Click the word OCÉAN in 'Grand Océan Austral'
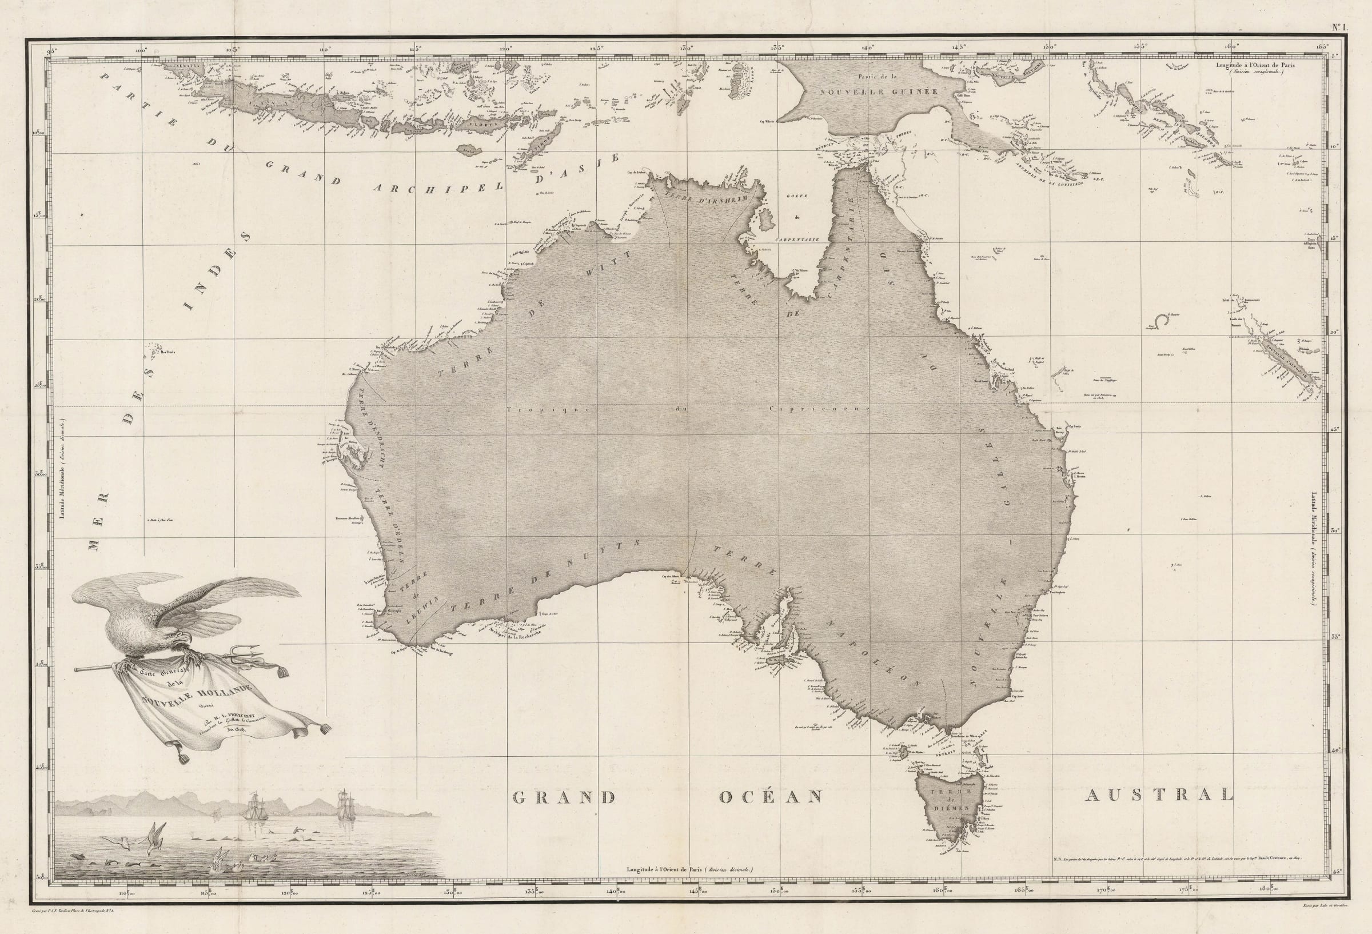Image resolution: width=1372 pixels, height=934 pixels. (771, 797)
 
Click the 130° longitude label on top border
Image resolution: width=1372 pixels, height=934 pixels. (685, 49)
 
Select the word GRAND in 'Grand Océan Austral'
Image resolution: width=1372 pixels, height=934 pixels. (564, 797)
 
